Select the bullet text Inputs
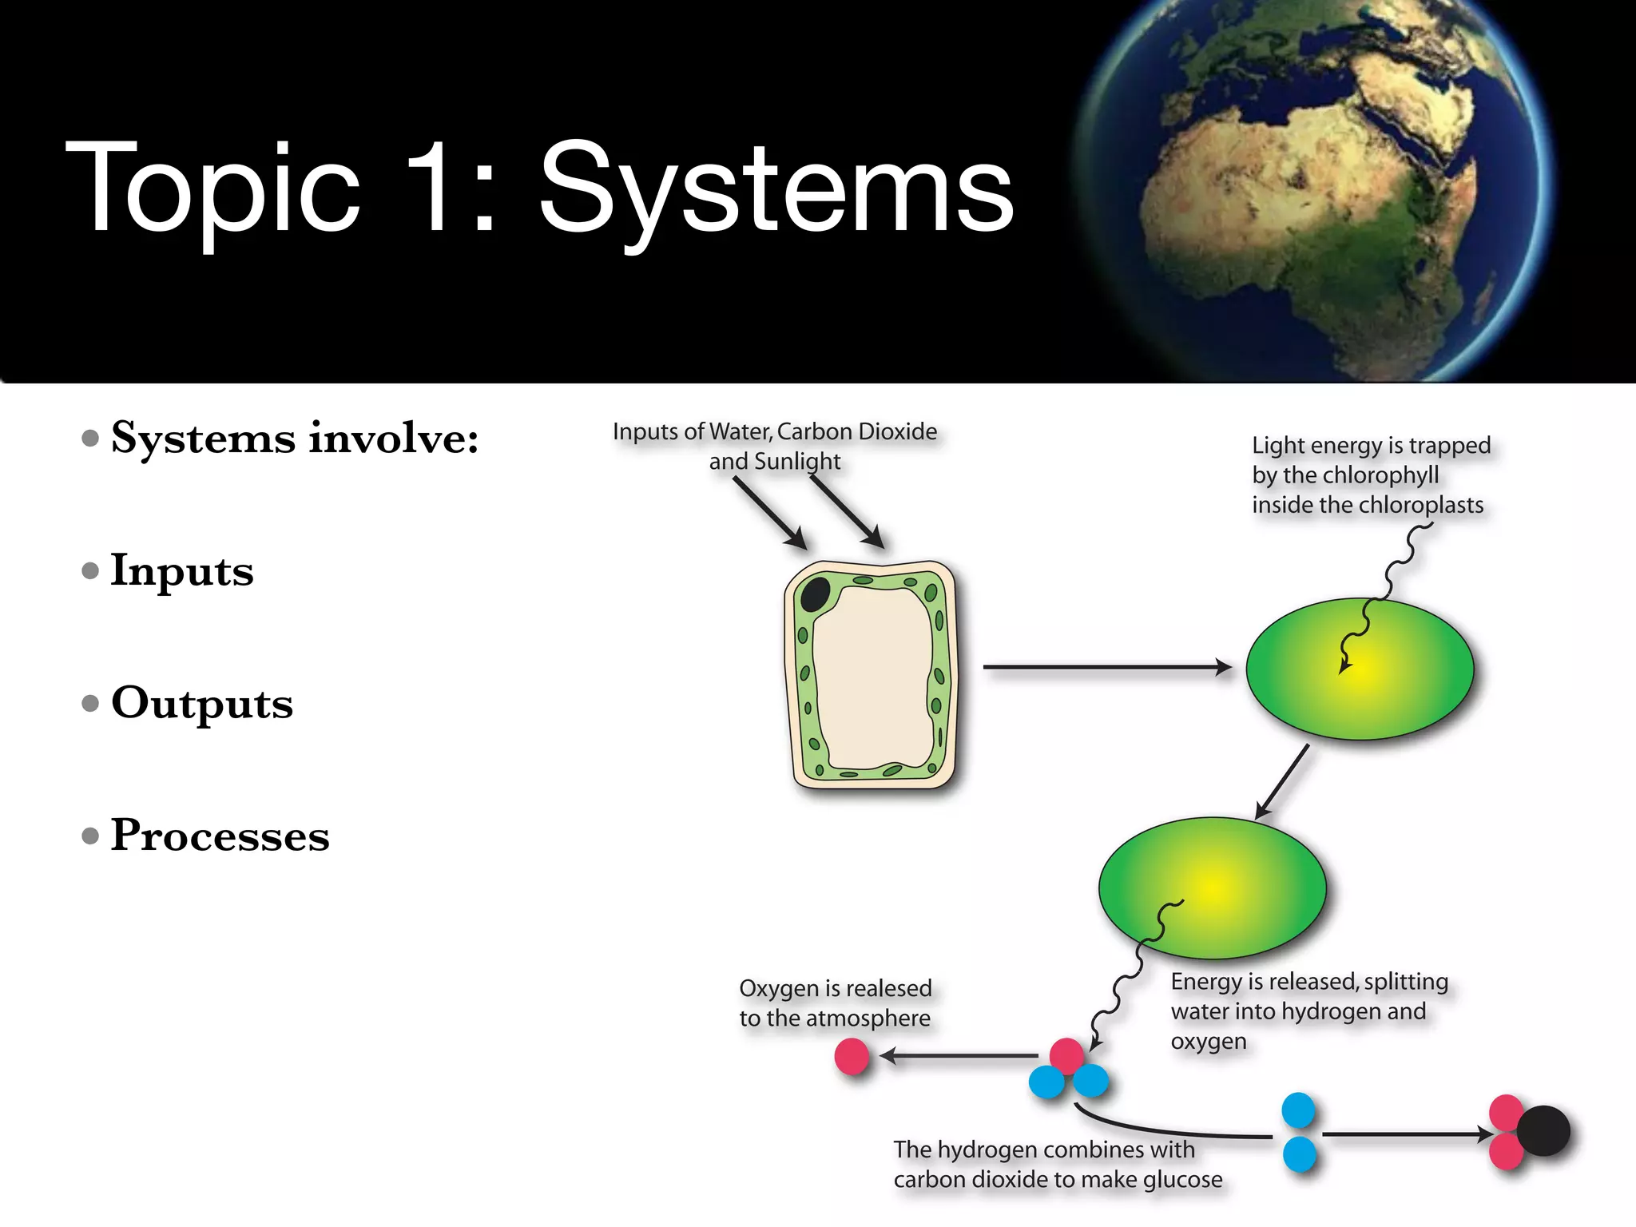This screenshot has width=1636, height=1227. click(182, 570)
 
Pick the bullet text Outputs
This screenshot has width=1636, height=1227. click(202, 703)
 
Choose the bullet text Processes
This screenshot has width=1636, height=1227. click(220, 836)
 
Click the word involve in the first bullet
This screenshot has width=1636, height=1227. click(393, 438)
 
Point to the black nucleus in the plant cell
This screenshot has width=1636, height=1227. click(816, 594)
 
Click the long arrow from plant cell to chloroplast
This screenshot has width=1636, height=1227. click(1106, 666)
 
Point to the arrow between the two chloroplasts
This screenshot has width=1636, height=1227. click(1282, 781)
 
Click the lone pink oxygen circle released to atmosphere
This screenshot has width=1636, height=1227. click(852, 1056)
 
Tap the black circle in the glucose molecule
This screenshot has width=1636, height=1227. click(1543, 1130)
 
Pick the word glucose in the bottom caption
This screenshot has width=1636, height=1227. click(1182, 1179)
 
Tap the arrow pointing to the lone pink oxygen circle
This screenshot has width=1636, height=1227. click(959, 1056)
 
